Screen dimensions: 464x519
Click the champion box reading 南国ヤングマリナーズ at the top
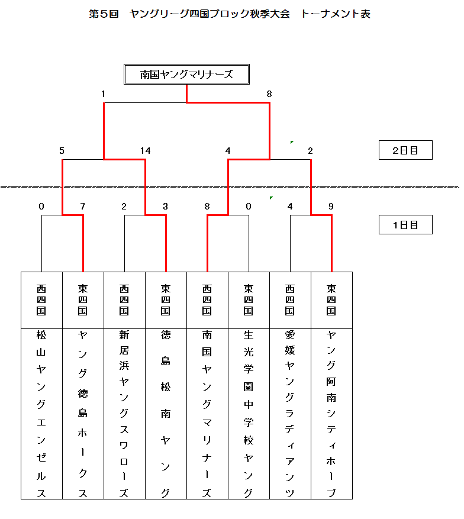186,75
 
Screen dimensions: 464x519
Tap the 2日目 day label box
405,150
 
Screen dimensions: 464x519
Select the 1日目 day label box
405,225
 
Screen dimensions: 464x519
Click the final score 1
103,94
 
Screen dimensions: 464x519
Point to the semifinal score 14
145,151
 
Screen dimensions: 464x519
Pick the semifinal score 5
62,151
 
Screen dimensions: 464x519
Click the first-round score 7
83,207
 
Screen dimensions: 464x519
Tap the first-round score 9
331,207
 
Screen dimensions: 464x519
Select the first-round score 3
166,207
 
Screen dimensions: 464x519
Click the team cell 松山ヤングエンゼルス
41,414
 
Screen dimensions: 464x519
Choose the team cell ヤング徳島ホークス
83,414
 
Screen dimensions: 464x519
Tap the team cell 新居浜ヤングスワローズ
124,414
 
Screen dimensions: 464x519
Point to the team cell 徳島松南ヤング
166,414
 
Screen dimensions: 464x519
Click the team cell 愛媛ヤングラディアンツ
290,414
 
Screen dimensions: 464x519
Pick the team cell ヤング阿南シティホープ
331,414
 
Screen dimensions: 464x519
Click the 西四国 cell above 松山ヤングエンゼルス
41,300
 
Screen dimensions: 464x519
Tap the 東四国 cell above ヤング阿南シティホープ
331,300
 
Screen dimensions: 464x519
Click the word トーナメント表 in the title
336,14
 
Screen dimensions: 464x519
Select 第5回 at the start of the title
104,14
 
